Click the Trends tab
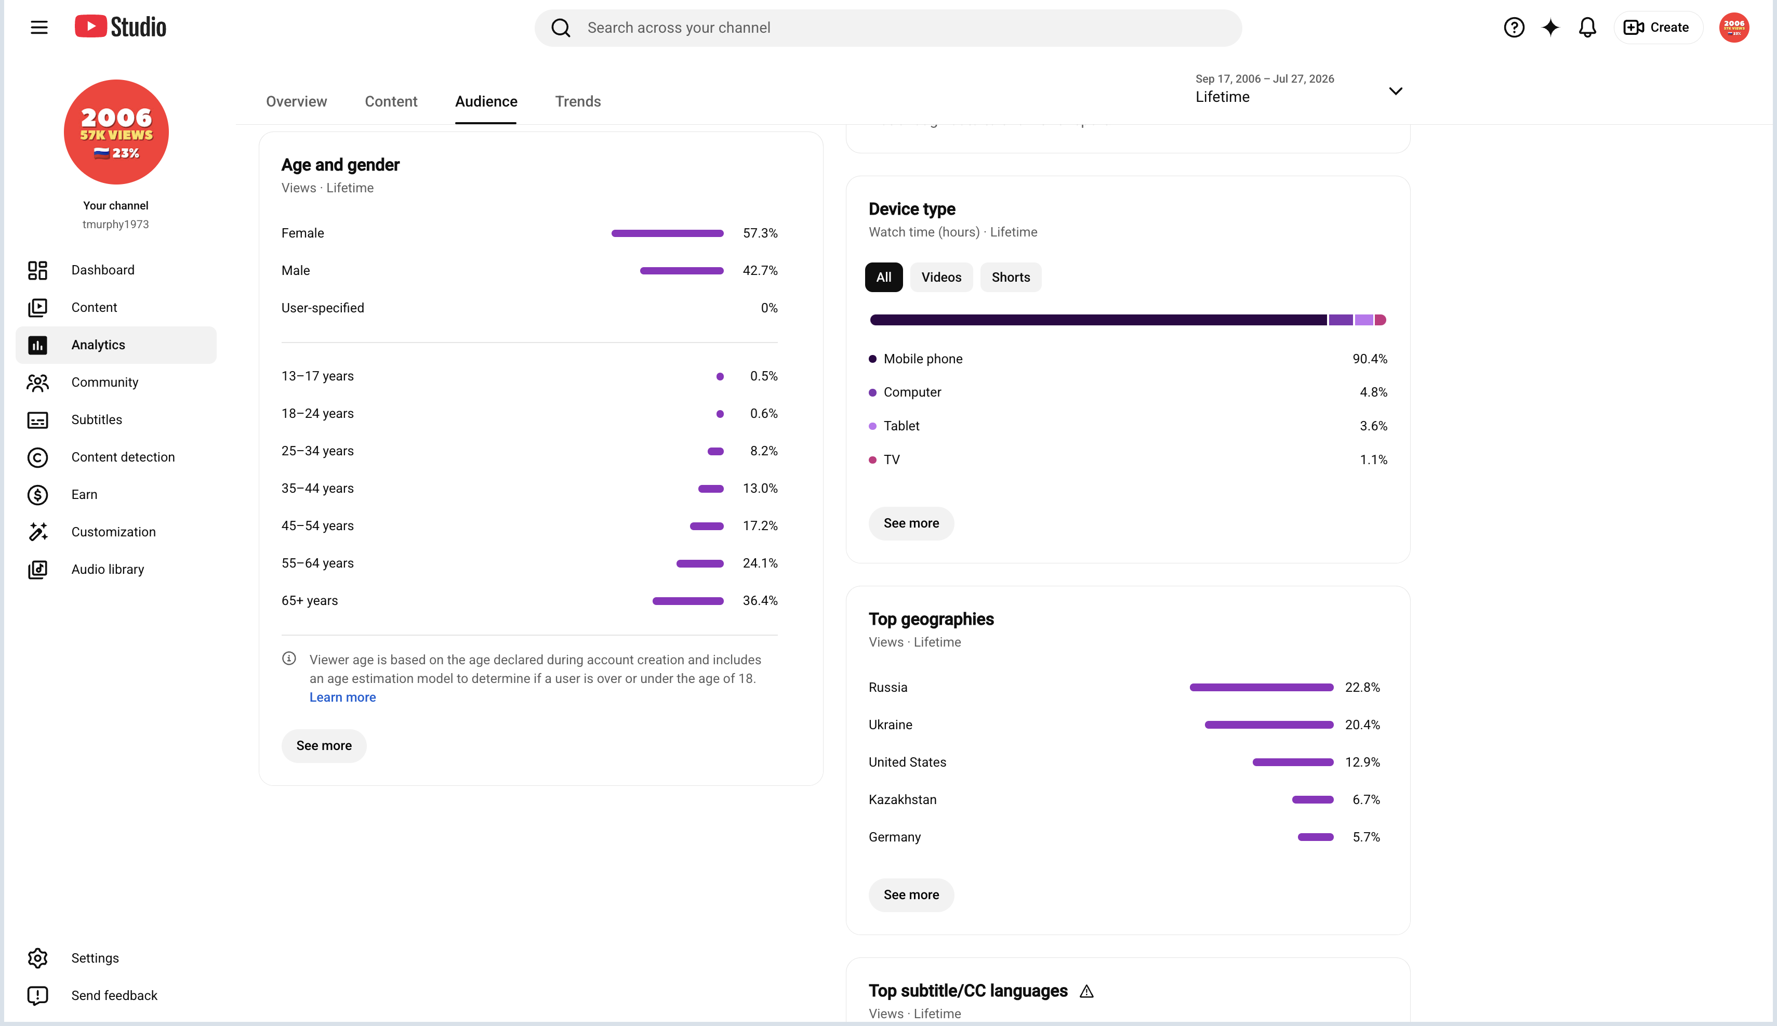pos(578,101)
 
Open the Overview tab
pos(297,101)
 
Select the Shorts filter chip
pos(1011,277)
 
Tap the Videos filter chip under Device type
pos(941,277)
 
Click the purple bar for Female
pos(667,233)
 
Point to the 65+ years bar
pos(687,601)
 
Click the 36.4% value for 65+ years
pos(760,600)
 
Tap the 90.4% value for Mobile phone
pos(1369,359)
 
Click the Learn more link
pos(342,697)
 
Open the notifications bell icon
pos(1587,28)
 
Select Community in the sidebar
pos(104,382)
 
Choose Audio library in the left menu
pos(107,569)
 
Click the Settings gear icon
pos(37,957)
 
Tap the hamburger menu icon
pos(39,28)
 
